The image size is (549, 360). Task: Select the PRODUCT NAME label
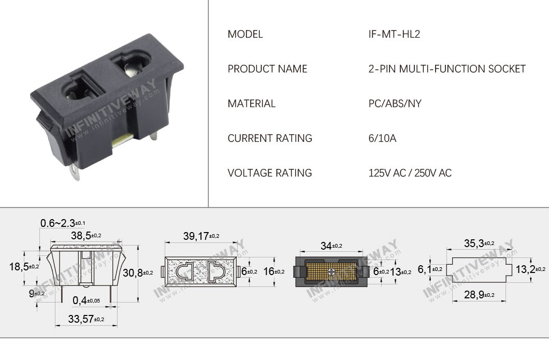[x=267, y=69]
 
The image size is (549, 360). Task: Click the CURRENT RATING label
[x=269, y=138]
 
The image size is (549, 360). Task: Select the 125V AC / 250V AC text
[x=410, y=173]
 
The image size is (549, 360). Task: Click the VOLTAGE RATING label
[x=269, y=173]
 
